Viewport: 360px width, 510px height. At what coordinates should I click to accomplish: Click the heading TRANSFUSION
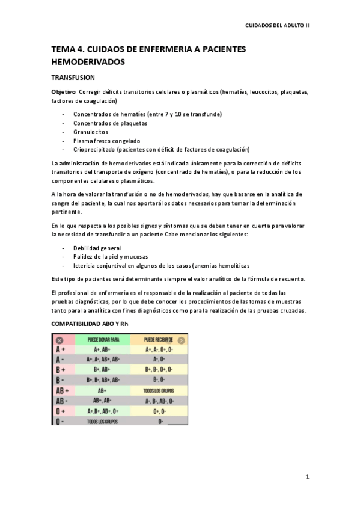73,78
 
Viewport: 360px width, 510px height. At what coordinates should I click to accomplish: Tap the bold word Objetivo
64,92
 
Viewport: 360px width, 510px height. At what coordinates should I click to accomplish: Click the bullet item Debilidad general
97,248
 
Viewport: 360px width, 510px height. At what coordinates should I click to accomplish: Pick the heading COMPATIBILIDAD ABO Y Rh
90,324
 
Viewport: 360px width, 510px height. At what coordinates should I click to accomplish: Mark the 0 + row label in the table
61,411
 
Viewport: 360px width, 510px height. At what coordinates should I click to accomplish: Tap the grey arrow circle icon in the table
182,340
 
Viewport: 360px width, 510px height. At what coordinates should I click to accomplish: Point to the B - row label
61,380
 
